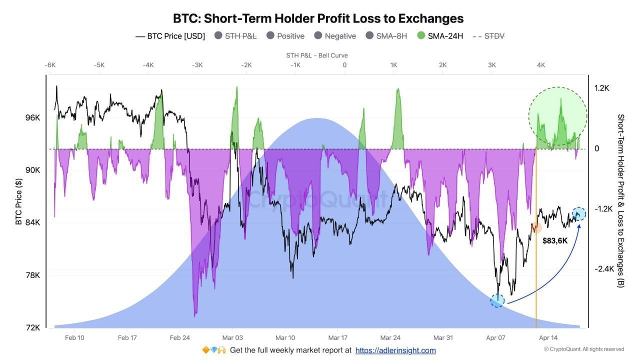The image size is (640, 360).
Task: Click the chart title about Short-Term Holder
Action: tap(318, 18)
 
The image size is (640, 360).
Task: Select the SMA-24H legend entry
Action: tap(440, 36)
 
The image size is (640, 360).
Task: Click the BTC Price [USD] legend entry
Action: tap(170, 36)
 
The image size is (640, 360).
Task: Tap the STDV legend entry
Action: tap(488, 36)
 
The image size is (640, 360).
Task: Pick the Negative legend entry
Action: tap(335, 36)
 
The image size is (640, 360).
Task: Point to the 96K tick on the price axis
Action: tap(32, 117)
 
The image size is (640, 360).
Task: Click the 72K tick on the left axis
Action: tap(32, 327)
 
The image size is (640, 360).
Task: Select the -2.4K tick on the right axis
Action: tap(604, 269)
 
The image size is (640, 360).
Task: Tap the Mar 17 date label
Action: tap(337, 337)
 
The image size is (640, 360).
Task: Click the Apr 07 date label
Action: tap(495, 337)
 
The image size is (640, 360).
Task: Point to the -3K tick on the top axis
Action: tap(197, 65)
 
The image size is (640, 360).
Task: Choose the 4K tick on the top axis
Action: tap(541, 65)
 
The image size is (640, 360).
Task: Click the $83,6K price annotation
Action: tap(555, 241)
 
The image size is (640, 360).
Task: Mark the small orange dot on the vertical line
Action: tap(536, 227)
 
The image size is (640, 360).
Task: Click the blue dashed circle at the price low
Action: tap(497, 300)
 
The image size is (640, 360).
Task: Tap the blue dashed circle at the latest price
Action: tap(579, 214)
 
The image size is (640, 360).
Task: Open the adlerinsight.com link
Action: tap(395, 350)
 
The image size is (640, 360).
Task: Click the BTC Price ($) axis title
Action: tap(18, 201)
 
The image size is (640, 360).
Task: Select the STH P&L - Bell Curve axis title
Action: tap(317, 55)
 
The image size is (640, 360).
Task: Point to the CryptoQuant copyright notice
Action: tap(584, 349)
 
